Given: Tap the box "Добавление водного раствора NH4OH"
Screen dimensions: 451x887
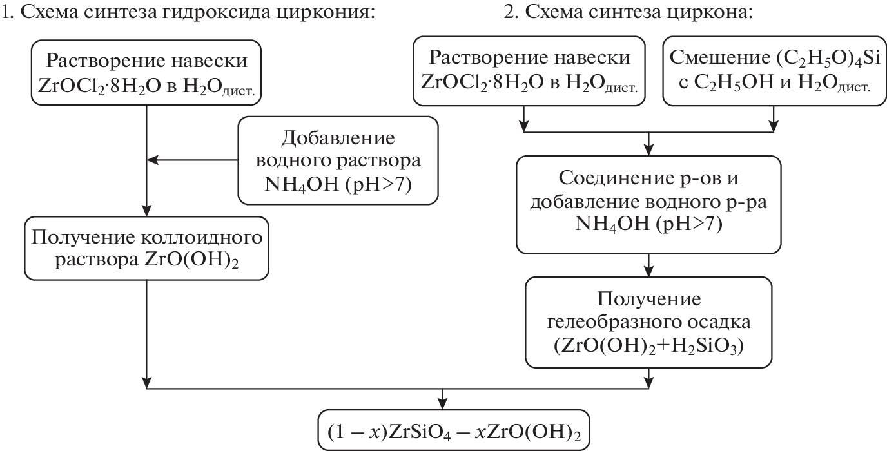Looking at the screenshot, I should (x=338, y=158).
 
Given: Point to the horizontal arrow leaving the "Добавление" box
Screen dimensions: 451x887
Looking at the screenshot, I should (x=193, y=158).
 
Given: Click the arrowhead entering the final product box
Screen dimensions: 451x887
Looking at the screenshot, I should (x=442, y=403).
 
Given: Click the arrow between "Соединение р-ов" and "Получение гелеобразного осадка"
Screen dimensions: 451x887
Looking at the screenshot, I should (x=649, y=264).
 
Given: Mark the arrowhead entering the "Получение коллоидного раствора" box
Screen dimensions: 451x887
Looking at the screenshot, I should (x=147, y=210).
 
